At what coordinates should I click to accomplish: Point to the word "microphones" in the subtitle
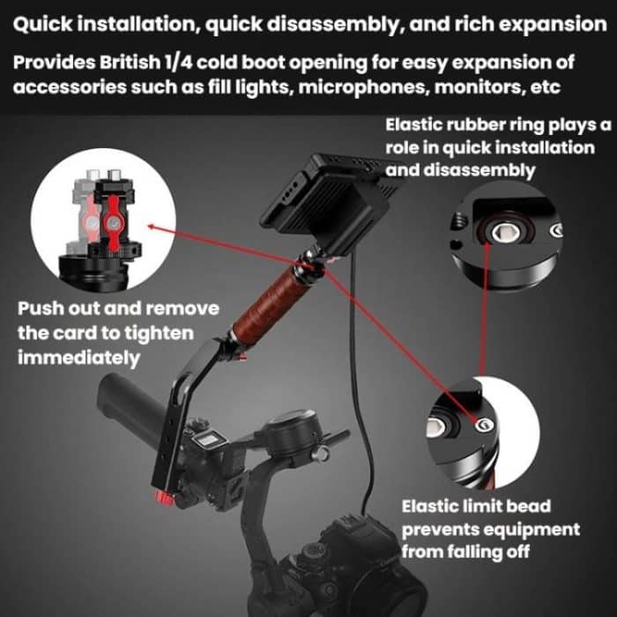coord(367,88)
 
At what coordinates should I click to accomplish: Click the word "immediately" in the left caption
coord(78,359)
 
